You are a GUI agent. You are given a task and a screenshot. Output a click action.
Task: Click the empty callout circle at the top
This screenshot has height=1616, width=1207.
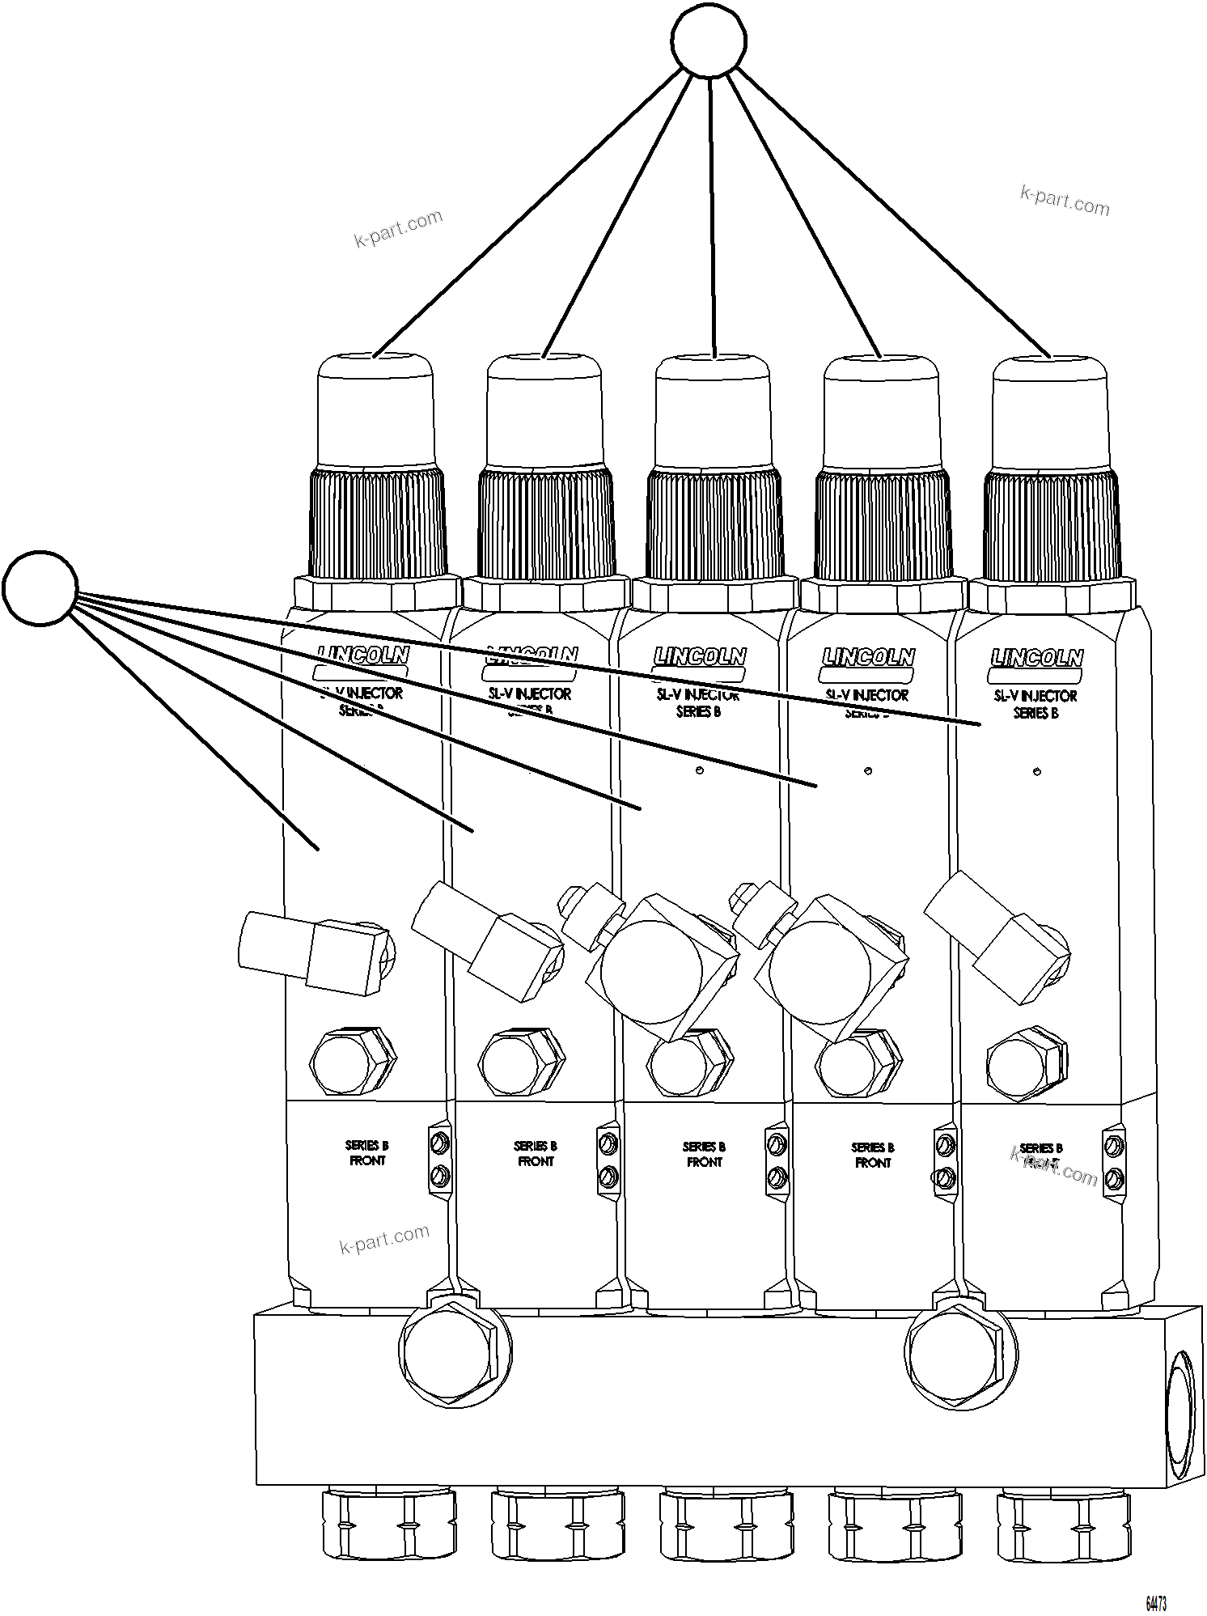click(709, 40)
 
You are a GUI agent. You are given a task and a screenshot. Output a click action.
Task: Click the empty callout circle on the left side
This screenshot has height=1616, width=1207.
click(40, 588)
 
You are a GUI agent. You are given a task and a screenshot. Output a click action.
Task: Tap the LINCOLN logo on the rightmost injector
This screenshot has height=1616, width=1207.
click(1036, 658)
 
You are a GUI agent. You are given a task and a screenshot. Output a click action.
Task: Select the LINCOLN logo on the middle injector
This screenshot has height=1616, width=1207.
click(700, 656)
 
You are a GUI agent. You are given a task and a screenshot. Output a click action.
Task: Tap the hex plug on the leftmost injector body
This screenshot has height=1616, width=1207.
click(353, 1062)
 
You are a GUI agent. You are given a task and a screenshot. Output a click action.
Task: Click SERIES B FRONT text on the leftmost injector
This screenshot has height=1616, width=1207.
click(366, 1153)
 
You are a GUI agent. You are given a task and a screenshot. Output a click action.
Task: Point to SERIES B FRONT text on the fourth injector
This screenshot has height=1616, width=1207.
click(872, 1155)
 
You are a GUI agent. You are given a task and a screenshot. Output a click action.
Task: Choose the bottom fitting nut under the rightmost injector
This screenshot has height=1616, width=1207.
click(1063, 1525)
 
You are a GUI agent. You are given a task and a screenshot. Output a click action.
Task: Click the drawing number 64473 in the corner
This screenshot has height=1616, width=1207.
click(1156, 1603)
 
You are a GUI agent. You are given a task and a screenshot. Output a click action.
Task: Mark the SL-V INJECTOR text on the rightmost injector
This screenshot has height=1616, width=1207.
click(1035, 695)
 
